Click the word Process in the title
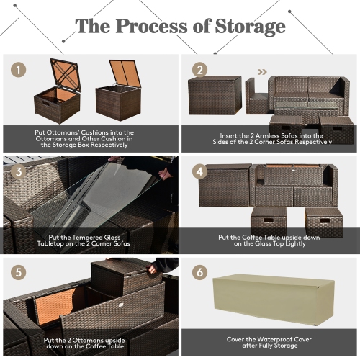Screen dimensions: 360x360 (153, 27)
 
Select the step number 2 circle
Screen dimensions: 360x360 (199, 71)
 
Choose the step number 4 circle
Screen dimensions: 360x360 (199, 173)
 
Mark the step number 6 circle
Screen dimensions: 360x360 (199, 274)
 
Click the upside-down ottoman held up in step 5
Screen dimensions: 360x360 (119, 277)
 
